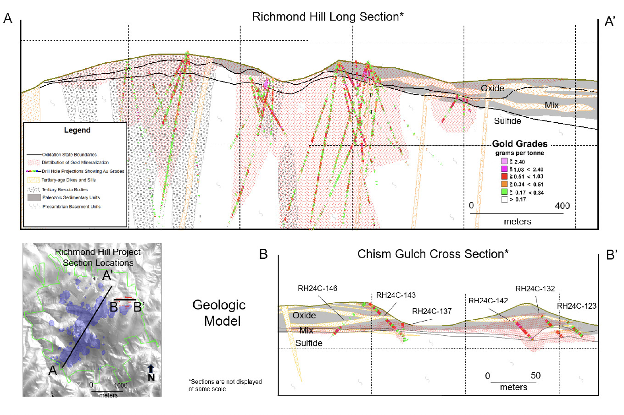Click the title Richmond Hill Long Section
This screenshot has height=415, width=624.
click(328, 17)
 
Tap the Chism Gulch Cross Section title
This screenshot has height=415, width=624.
click(433, 254)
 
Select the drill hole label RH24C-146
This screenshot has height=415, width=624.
click(318, 289)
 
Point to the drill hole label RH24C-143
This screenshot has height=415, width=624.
click(396, 295)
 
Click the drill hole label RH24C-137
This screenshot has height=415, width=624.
click(432, 311)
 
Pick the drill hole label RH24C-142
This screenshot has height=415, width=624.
click(488, 301)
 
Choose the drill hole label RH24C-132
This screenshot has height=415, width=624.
click(535, 289)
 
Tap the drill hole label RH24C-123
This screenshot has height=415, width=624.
click(577, 306)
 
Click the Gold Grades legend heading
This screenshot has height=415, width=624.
click(519, 144)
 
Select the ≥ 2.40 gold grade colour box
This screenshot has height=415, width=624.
click(504, 162)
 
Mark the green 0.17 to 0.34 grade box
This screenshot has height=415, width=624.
click(504, 192)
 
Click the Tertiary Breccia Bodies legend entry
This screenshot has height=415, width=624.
click(64, 189)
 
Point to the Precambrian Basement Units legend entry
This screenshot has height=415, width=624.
click(71, 207)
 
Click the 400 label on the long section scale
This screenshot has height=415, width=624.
click(562, 206)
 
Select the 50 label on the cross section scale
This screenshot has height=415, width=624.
click(535, 376)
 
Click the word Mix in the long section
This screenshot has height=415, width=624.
click(552, 105)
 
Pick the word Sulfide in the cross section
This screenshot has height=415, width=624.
click(309, 343)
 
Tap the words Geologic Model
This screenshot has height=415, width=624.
click(219, 313)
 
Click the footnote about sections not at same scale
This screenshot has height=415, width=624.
click(225, 385)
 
